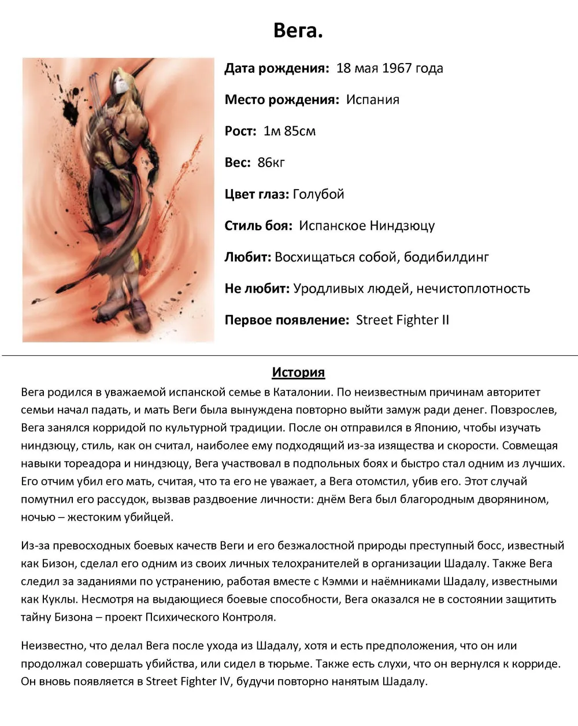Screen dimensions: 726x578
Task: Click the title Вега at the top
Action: (x=298, y=30)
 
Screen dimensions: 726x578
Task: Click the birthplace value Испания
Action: (x=372, y=99)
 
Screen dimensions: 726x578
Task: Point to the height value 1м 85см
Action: (x=289, y=131)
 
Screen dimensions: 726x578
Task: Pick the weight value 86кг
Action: (x=271, y=163)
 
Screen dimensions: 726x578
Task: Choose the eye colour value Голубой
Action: (x=318, y=194)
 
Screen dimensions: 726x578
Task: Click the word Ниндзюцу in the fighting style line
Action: (x=402, y=226)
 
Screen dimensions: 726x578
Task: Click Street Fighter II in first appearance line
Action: (x=402, y=320)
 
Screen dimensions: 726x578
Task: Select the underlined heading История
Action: (x=298, y=373)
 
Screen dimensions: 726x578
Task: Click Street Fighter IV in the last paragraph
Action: (x=188, y=681)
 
